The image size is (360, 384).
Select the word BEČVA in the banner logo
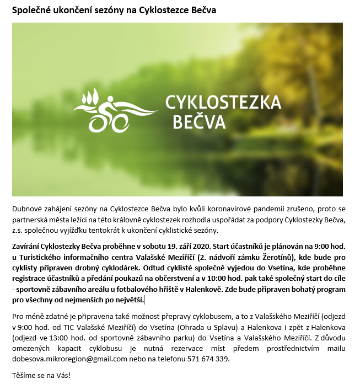point(199,122)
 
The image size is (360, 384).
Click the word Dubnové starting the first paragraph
point(28,210)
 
